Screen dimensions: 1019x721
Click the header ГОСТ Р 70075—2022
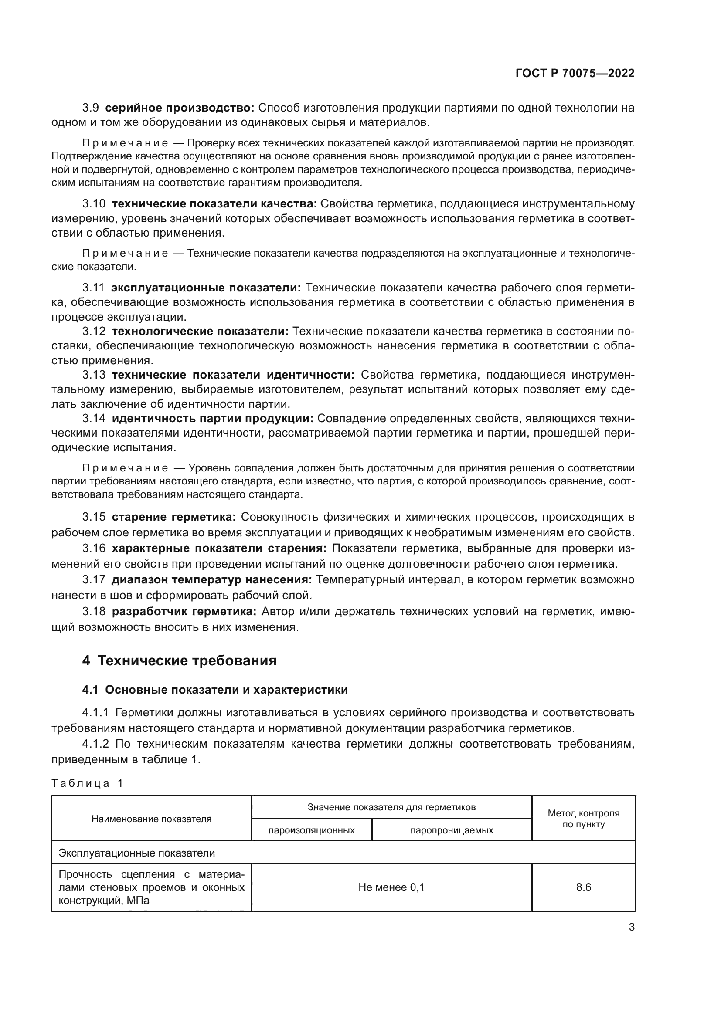[x=575, y=74]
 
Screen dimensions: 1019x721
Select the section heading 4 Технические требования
[x=179, y=660]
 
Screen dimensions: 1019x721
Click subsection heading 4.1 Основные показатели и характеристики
[x=215, y=690]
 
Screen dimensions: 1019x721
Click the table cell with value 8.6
[x=583, y=887]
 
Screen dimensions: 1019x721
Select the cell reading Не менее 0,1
[x=391, y=887]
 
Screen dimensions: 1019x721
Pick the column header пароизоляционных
[x=312, y=830]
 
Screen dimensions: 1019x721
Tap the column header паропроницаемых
[x=452, y=830]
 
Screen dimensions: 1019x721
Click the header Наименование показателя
[x=151, y=819]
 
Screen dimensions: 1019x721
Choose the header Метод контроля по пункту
[x=583, y=819]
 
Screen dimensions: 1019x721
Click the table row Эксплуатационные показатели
[x=137, y=853]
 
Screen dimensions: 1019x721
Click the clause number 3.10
[x=94, y=204]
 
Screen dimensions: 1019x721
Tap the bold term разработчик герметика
[x=184, y=612]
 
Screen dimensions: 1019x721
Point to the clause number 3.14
[x=94, y=419]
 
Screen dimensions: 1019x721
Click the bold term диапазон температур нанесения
[x=212, y=580]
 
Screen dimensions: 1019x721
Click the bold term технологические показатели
[x=200, y=332]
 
